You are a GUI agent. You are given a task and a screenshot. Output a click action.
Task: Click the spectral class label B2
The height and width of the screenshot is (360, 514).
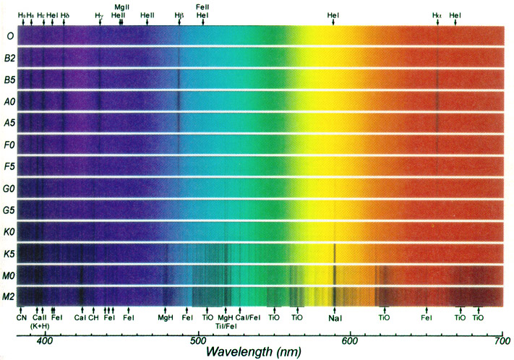click(11, 58)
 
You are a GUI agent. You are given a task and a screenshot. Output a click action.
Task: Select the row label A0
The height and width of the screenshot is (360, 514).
click(11, 100)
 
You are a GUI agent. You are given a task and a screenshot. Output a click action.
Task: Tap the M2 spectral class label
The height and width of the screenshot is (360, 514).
click(11, 296)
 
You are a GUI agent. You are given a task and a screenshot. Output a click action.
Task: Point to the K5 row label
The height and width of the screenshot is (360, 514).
click(11, 254)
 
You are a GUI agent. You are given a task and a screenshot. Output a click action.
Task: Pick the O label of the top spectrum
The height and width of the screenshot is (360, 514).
click(9, 36)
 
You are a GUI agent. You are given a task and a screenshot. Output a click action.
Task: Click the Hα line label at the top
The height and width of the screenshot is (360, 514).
click(437, 14)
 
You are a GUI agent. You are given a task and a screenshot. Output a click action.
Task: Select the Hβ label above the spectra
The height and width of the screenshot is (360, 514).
click(179, 14)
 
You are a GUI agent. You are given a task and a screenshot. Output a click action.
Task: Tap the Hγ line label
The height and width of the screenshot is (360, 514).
click(99, 14)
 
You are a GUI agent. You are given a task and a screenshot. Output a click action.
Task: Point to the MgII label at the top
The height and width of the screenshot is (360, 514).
click(121, 7)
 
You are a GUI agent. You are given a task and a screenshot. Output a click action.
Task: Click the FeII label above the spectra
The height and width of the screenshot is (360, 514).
click(202, 7)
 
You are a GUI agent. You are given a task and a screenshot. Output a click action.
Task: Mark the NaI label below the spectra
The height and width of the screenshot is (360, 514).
click(335, 317)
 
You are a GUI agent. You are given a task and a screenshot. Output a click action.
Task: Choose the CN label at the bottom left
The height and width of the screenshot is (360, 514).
click(22, 317)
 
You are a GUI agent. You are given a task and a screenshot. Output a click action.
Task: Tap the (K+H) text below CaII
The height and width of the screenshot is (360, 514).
click(40, 325)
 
